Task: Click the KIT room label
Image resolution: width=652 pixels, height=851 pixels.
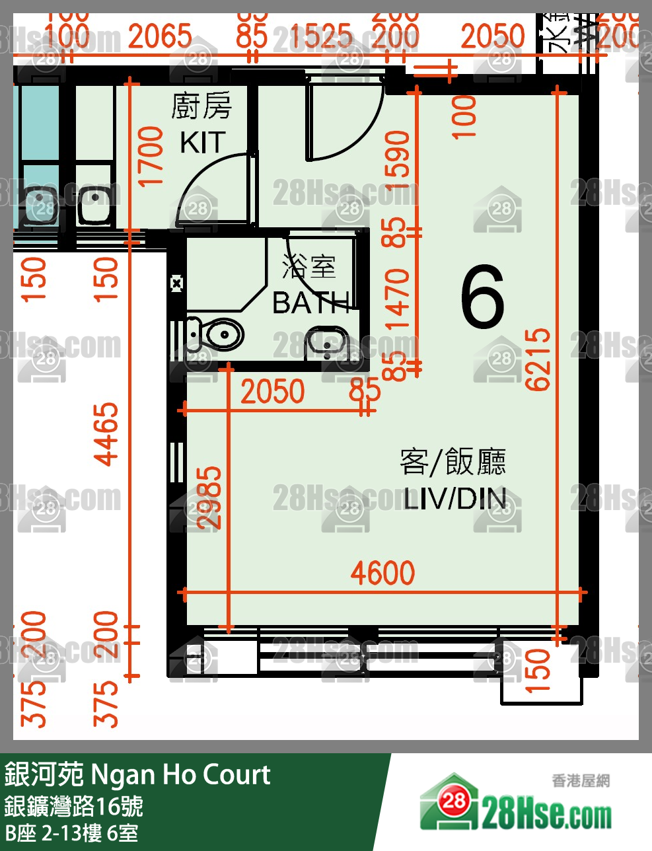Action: point(202,143)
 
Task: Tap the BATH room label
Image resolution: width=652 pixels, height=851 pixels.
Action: point(310,303)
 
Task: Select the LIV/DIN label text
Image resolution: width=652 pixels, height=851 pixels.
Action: point(455,499)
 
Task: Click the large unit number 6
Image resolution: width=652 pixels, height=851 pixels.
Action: point(483,297)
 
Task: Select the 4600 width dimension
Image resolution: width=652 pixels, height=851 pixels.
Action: point(382,573)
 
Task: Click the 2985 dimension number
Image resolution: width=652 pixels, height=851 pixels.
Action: point(210,497)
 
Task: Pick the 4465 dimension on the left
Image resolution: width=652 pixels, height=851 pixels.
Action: point(106,434)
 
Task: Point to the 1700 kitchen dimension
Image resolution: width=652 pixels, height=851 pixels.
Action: point(151,157)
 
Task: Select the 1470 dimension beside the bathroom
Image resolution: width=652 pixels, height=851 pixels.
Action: point(398,299)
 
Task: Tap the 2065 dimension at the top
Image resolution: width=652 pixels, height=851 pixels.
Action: point(160,36)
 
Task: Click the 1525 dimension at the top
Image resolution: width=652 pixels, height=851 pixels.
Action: point(321,36)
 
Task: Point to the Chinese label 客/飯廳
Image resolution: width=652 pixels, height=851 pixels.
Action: point(453,462)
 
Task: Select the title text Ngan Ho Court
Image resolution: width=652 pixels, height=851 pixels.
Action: point(180,774)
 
